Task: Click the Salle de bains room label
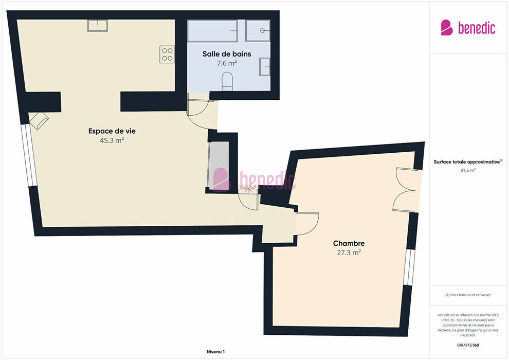[x=227, y=54]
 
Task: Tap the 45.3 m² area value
[x=112, y=140]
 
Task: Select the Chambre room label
[x=349, y=243]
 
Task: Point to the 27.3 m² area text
[x=349, y=253]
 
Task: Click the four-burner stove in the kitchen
[x=167, y=55]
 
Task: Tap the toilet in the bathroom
[x=227, y=81]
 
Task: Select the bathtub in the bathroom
[x=212, y=31]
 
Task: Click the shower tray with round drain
[x=258, y=31]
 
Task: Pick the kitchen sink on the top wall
[x=97, y=25]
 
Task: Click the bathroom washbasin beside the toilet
[x=265, y=67]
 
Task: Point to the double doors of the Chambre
[x=406, y=190]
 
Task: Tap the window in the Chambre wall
[x=409, y=267]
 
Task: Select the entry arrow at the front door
[x=248, y=190]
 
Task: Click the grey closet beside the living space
[x=219, y=165]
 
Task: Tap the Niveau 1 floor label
[x=215, y=352]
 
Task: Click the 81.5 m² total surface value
[x=468, y=170]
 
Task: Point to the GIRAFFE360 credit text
[x=468, y=345]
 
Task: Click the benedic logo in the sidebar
[x=468, y=28]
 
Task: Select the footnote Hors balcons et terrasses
[x=468, y=295]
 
